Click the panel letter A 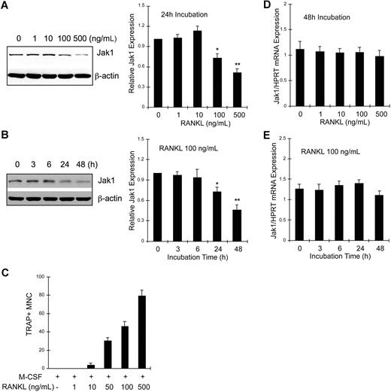pyautogui.click(x=6, y=8)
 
